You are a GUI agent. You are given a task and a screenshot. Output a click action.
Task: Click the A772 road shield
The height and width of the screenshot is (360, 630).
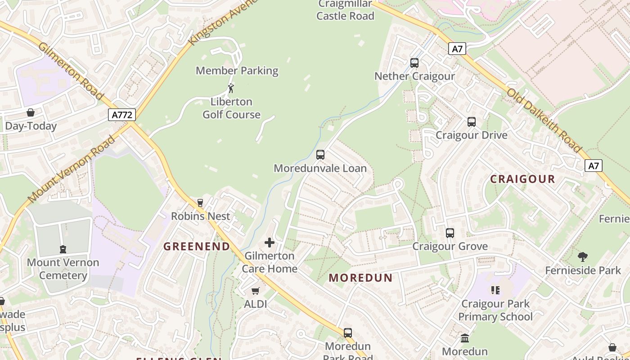pos(122,115)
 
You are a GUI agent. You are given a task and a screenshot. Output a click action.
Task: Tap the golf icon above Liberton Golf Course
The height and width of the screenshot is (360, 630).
pos(231,88)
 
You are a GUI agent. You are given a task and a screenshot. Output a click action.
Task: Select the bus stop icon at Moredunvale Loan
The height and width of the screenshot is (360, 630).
pos(320,155)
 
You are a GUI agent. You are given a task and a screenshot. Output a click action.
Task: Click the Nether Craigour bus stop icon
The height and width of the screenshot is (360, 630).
pos(414,63)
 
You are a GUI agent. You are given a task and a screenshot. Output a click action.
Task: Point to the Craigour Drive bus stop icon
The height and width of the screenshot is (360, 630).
pos(472,122)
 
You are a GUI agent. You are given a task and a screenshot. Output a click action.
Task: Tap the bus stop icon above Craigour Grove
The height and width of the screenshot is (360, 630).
pos(450,233)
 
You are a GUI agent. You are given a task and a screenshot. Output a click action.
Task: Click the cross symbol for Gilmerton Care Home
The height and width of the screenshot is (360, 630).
pos(270,243)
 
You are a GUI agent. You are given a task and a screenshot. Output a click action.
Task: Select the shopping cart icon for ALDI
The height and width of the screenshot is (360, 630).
pos(256,291)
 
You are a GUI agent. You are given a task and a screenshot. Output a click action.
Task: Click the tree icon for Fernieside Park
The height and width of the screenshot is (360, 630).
pos(583,257)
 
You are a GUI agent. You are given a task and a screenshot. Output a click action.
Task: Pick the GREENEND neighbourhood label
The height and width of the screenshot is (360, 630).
pos(197,246)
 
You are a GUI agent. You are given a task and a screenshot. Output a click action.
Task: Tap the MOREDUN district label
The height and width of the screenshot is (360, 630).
pos(360,278)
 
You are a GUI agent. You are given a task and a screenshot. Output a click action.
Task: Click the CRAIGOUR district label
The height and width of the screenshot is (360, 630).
pos(522,179)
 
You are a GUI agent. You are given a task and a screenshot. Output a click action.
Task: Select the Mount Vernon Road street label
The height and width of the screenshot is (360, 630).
pos(72,169)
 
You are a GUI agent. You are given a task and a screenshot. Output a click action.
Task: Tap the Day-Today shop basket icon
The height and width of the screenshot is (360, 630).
pos(31,112)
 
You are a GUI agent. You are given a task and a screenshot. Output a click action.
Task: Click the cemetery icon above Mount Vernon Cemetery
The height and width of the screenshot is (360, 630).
pos(63,249)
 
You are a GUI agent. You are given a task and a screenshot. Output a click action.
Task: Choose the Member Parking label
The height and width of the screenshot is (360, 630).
pos(237,71)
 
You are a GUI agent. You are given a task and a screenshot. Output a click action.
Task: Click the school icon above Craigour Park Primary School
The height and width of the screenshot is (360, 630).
pos(495,290)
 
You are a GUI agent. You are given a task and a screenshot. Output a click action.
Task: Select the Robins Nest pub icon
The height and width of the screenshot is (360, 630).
pos(200,203)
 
